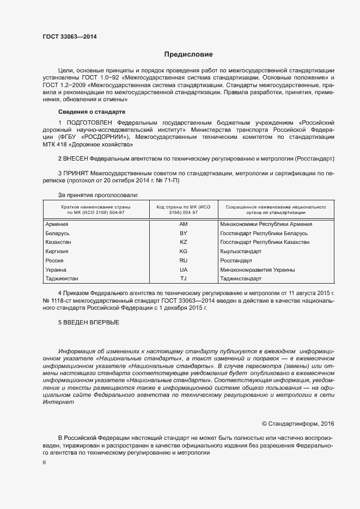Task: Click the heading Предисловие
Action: (x=188, y=54)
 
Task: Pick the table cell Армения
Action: (x=57, y=224)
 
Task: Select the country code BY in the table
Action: (x=183, y=233)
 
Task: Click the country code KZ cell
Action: (x=183, y=242)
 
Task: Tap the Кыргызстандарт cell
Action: (x=241, y=252)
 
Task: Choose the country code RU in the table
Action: (x=183, y=261)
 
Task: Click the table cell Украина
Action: (x=56, y=270)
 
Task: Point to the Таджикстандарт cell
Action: (x=241, y=279)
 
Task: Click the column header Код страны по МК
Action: (x=183, y=210)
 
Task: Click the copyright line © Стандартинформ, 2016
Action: (x=298, y=423)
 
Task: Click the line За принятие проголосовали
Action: (x=98, y=194)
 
